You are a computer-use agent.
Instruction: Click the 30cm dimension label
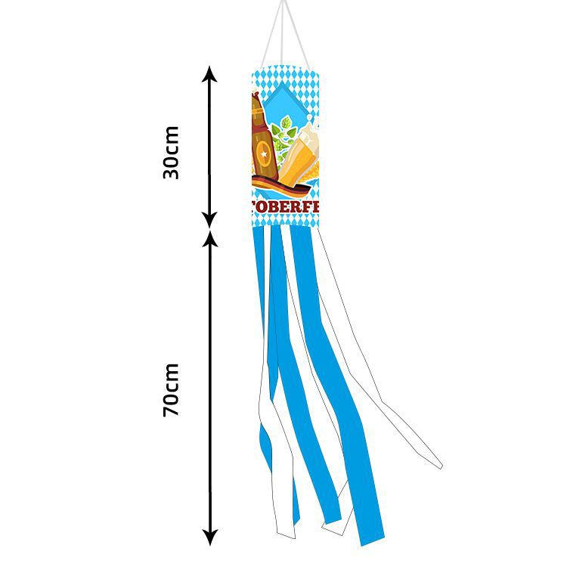coord(172,152)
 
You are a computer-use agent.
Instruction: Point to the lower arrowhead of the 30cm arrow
coord(210,221)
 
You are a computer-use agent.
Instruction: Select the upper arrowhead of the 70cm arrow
coord(210,239)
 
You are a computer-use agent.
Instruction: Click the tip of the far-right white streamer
coord(438,463)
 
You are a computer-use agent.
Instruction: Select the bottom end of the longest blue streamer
coord(369,538)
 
